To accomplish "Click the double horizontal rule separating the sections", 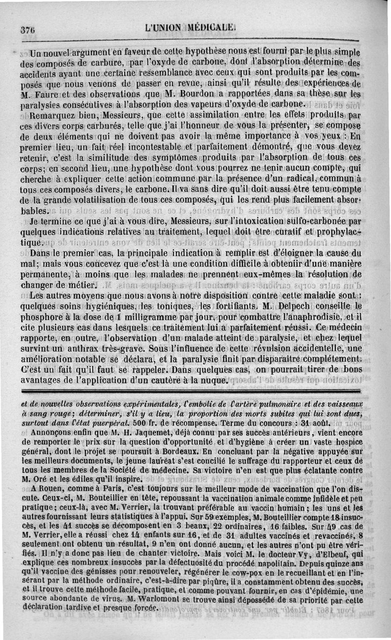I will pos(195,391).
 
